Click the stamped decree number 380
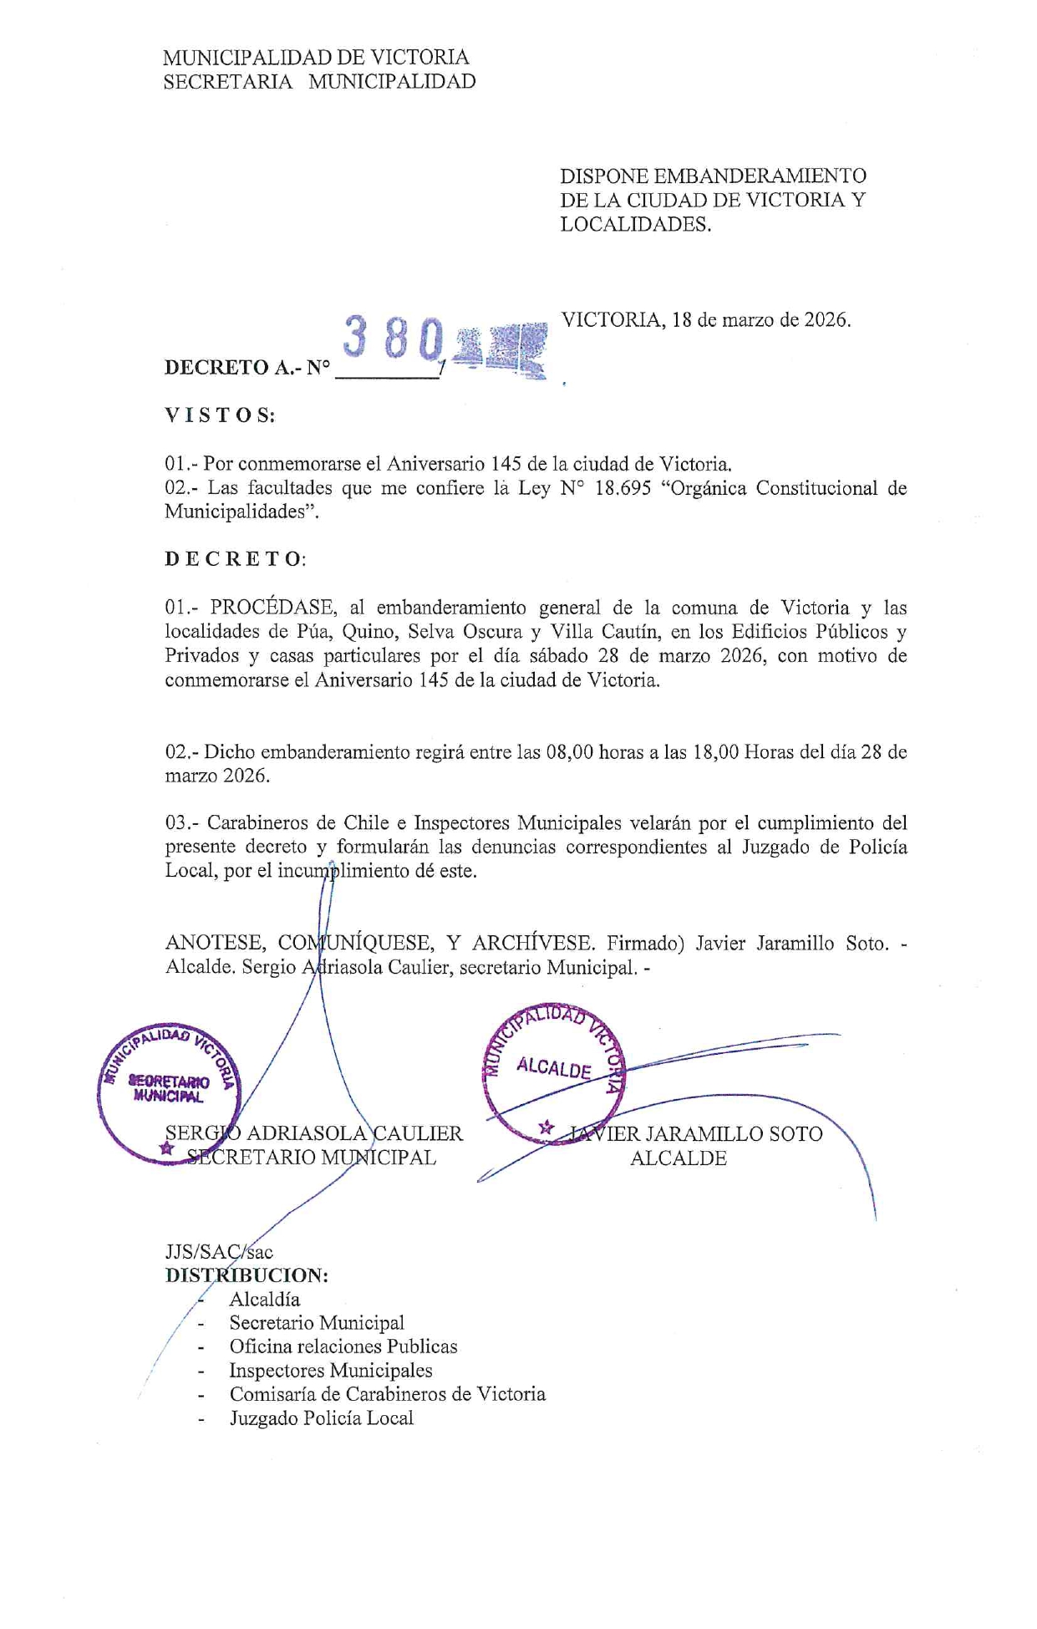[x=393, y=339]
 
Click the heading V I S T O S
[x=219, y=415]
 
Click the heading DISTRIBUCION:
[x=247, y=1275]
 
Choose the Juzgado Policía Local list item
[x=321, y=1418]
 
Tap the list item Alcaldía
[x=264, y=1300]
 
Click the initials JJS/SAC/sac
[x=219, y=1252]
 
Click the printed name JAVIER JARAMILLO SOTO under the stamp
[x=695, y=1134]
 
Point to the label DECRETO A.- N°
[x=247, y=368]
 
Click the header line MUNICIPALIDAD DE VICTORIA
[x=316, y=58]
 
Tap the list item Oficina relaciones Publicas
[x=343, y=1346]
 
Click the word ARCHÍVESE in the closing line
[x=533, y=944]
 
